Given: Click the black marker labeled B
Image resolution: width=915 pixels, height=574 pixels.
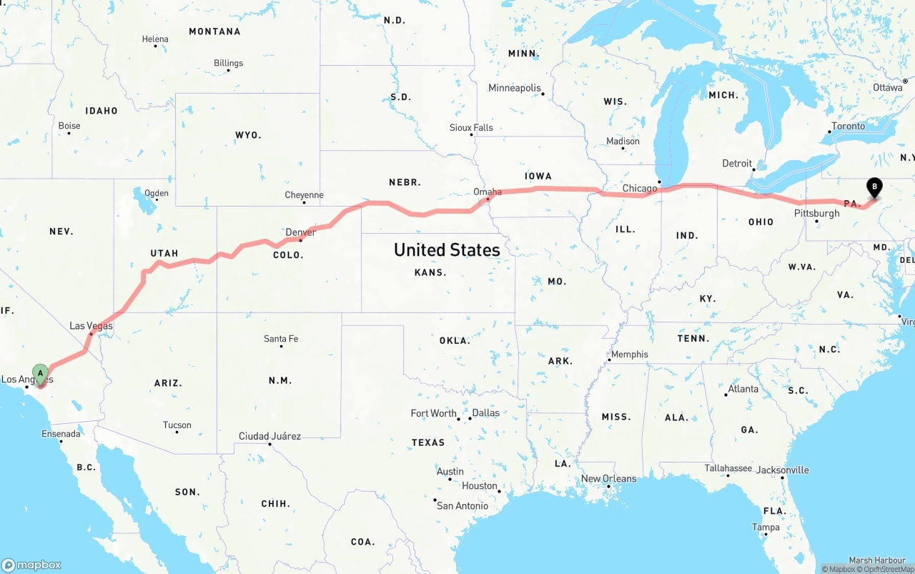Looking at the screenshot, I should coord(874,187).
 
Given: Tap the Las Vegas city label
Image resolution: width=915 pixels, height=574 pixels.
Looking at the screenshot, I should coord(91,326).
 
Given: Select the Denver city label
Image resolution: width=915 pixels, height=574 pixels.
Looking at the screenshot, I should coord(300,232).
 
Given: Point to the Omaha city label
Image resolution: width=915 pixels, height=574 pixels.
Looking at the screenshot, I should coord(488,192).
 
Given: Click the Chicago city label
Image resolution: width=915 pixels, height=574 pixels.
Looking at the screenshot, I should coord(639,189).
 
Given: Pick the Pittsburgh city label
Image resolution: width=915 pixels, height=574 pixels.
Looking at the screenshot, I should coord(816,213).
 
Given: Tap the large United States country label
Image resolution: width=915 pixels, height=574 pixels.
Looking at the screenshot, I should coord(447,249).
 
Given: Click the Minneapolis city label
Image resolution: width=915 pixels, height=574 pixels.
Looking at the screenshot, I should coord(515,88).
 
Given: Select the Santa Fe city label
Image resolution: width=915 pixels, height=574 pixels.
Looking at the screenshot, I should coord(280,338).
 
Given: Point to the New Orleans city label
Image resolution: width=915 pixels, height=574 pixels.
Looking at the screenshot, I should coord(608,478).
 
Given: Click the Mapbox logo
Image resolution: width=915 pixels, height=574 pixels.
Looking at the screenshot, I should coord(31,565).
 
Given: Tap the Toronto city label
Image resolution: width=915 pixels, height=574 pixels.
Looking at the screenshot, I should coord(848,126).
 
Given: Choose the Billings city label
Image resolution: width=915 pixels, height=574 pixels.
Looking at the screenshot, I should coord(228,63).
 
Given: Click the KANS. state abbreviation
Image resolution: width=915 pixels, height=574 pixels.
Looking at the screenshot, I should coord(430,272).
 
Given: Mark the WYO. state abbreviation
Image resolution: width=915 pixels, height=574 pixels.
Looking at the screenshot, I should coord(248,134).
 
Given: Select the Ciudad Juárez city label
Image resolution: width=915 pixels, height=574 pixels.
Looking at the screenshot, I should coord(269,436).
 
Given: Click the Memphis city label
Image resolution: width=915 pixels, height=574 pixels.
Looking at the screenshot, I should coord(629,354).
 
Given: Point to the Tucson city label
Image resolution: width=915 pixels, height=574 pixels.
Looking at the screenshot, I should coord(177,425).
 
